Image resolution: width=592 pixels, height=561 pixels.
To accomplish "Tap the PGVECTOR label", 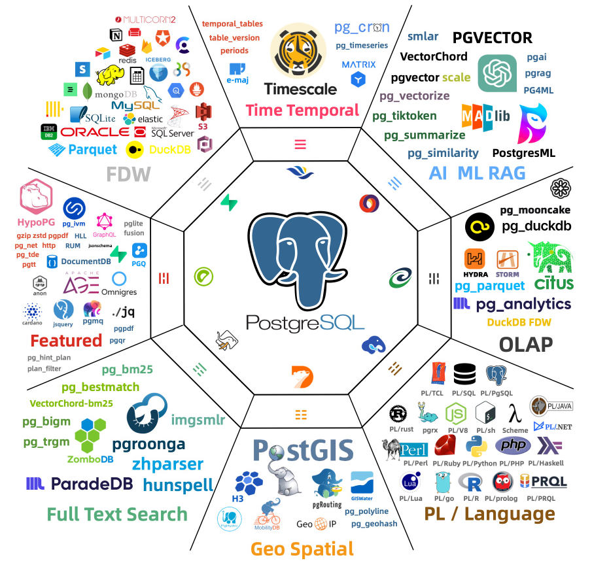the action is click(492, 37).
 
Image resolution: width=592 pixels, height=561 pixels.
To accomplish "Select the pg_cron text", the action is click(362, 27).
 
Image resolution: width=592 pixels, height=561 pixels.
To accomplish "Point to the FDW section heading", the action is click(129, 174).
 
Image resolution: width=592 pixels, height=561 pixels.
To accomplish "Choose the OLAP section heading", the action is click(526, 344).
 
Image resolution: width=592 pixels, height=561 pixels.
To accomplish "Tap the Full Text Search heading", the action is click(118, 514).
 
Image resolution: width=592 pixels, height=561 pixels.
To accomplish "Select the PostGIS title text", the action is click(303, 450).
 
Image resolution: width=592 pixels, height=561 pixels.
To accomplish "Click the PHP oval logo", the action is click(513, 445).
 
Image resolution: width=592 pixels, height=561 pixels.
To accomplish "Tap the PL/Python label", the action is click(480, 463).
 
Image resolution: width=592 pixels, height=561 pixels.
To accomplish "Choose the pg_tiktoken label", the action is click(404, 116).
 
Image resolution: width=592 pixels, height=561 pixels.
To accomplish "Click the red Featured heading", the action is click(66, 341).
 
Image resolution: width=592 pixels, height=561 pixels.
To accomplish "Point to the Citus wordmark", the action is click(553, 283).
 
